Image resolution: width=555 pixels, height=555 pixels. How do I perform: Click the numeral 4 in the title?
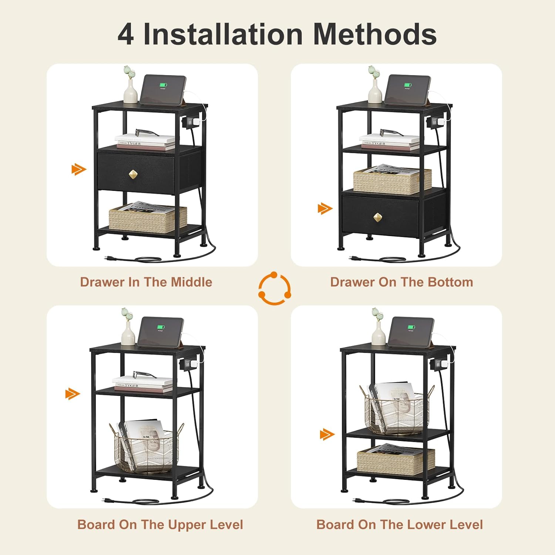(126, 34)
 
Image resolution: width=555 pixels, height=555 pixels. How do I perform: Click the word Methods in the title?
(375, 34)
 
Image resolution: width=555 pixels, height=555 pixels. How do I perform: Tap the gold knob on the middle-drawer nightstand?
(133, 174)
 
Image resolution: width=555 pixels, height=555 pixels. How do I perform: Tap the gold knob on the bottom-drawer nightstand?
(377, 218)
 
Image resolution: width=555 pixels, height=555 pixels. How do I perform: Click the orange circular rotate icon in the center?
(275, 289)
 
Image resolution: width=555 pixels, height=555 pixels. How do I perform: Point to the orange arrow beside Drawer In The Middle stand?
(79, 169)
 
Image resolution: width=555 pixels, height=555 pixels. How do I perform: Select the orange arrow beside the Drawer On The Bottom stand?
(325, 209)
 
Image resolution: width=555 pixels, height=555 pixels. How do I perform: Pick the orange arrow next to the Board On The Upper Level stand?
(73, 394)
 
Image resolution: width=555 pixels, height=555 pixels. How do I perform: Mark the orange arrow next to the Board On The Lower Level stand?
(327, 434)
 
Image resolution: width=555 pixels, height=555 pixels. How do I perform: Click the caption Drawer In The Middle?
(146, 282)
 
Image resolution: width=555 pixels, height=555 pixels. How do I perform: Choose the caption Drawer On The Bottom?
(401, 282)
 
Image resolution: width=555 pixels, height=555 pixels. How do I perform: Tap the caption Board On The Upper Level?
(160, 525)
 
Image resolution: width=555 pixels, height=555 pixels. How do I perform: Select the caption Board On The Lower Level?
(400, 525)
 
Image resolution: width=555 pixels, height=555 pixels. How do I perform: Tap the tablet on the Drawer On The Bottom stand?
(408, 90)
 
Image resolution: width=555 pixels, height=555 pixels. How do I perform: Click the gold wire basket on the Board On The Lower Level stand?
(396, 410)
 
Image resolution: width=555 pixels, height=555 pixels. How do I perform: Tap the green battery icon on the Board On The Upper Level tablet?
(160, 327)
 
